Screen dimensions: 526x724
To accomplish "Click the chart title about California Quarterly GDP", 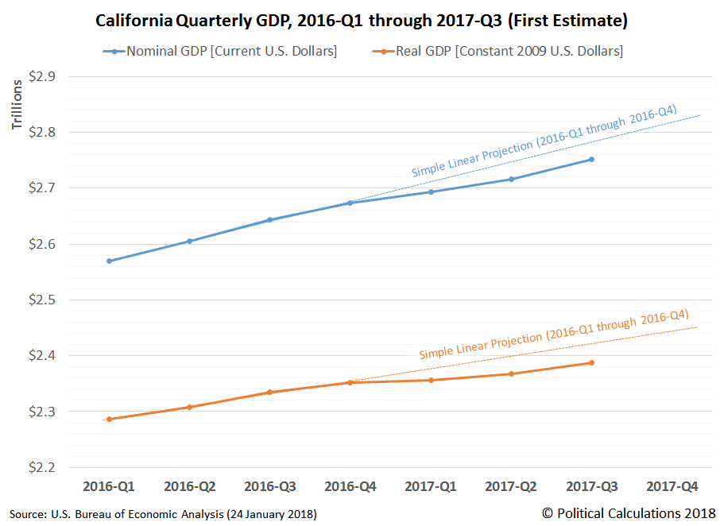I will [x=362, y=21].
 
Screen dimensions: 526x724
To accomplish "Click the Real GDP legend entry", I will [x=499, y=52].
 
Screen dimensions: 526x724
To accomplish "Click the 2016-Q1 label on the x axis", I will [x=108, y=485].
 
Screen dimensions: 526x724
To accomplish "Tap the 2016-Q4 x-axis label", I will [x=350, y=485].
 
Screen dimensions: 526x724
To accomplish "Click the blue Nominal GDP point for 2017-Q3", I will [x=591, y=160].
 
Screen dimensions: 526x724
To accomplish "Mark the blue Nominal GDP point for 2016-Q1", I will [x=108, y=261].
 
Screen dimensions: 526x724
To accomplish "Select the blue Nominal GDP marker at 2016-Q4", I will [x=350, y=203].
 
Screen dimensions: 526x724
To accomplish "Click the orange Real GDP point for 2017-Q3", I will [x=591, y=363].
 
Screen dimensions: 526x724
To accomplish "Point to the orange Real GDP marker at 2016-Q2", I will [x=189, y=407].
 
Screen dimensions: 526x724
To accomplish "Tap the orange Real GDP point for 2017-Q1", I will [x=431, y=380].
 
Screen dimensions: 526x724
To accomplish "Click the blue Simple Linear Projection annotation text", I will [x=544, y=141].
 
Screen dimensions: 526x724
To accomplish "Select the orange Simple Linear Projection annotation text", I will [x=553, y=334].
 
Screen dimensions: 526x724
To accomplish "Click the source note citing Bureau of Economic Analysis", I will [x=163, y=514].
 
